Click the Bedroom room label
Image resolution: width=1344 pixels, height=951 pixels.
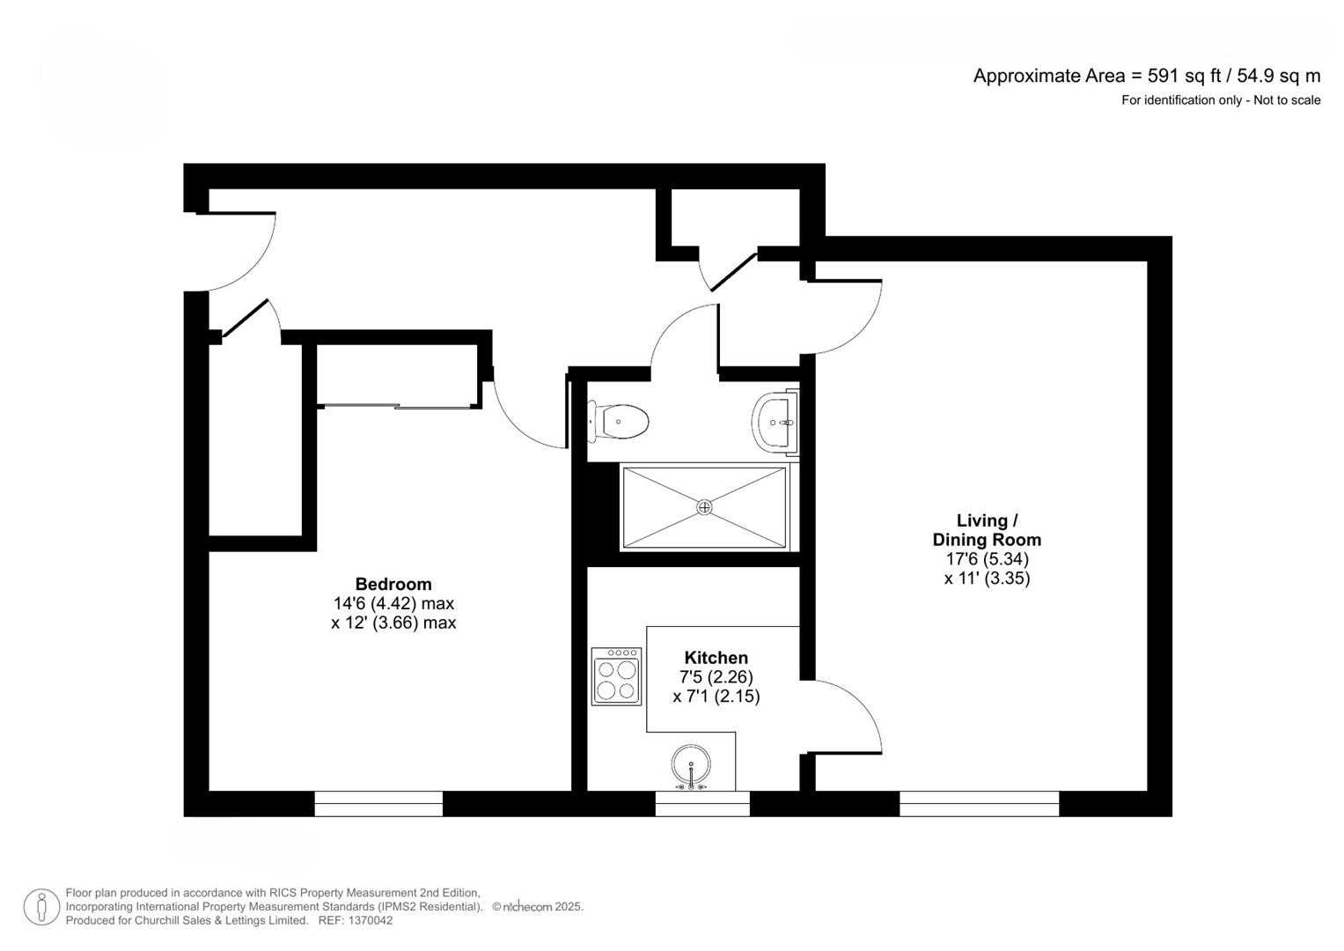pos(393,584)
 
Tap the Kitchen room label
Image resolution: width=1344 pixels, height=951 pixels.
pos(716,658)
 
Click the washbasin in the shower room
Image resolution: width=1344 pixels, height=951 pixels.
pos(775,422)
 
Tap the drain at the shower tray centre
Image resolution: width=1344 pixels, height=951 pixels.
pos(704,507)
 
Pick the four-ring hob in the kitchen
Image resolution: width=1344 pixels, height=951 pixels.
pos(616,676)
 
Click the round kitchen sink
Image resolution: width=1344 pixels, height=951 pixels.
pos(691,764)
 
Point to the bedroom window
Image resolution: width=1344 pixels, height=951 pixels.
pos(378,803)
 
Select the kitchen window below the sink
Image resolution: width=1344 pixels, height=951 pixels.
pos(701,803)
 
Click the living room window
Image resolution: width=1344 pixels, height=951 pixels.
pos(979,803)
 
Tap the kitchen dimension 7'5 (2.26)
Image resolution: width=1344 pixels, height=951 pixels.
pos(716,677)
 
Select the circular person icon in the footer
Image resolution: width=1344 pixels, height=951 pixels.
pos(41,907)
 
